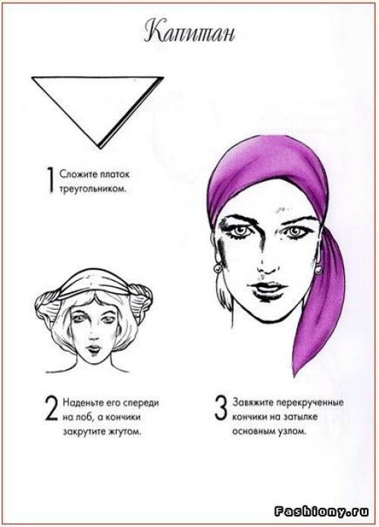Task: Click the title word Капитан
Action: [x=189, y=33]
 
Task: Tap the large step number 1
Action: [x=51, y=181]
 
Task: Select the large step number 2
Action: [x=52, y=409]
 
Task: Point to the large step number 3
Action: [x=221, y=408]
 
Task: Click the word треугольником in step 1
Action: [x=93, y=189]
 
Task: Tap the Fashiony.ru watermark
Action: [x=321, y=512]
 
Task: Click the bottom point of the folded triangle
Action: [x=99, y=147]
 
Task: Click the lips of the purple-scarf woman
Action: [x=268, y=289]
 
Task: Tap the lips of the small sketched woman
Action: [x=93, y=349]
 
